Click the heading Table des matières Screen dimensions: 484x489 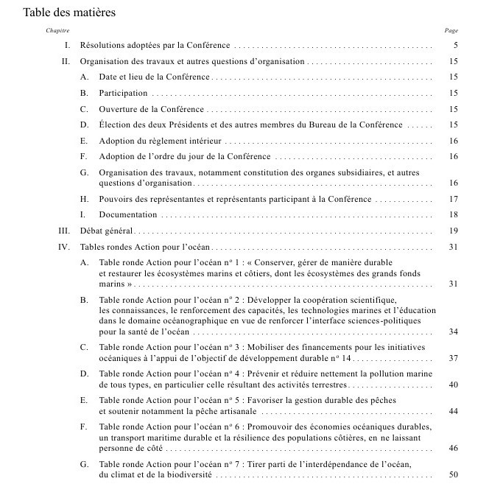coord(69,13)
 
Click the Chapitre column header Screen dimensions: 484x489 coord(57,31)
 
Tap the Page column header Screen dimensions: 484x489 coord(451,31)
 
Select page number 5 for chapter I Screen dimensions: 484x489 coord(456,46)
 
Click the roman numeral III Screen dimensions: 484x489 coord(64,231)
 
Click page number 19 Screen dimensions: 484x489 coord(454,231)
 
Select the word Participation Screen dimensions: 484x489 coord(124,94)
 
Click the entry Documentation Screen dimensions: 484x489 coord(128,215)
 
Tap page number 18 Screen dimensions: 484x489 coord(454,215)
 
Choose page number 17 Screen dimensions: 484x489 coord(454,199)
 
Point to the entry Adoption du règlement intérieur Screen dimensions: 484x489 coord(160,141)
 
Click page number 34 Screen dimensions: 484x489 coord(454,332)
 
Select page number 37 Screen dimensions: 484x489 coord(454,358)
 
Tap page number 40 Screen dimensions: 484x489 coord(454,385)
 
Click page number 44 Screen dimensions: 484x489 coord(454,410)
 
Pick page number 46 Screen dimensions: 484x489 coord(454,448)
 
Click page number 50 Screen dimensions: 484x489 coord(454,474)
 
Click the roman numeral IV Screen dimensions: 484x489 coord(64,247)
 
